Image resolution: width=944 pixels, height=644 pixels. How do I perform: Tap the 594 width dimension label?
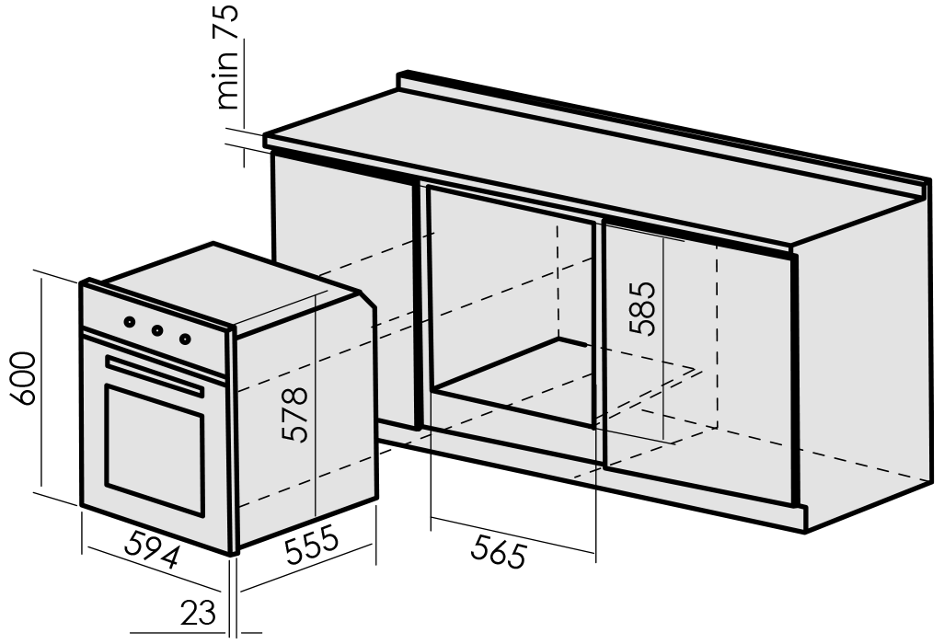coord(153,548)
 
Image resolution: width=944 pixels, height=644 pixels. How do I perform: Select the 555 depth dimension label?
coord(311,545)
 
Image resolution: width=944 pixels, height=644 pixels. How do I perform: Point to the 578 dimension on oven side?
coord(295,414)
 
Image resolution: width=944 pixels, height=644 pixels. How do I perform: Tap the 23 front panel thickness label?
coord(197,613)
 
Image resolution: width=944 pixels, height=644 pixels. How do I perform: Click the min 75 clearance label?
coord(228,57)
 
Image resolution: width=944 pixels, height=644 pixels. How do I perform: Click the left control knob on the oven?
coord(130,322)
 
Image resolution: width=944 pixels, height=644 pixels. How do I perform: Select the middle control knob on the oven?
coord(157,330)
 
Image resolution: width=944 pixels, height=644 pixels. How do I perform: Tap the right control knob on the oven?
coord(186,339)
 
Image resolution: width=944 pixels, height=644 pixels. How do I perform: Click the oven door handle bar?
coord(155,376)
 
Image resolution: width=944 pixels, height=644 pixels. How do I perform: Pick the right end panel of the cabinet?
coord(867,362)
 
